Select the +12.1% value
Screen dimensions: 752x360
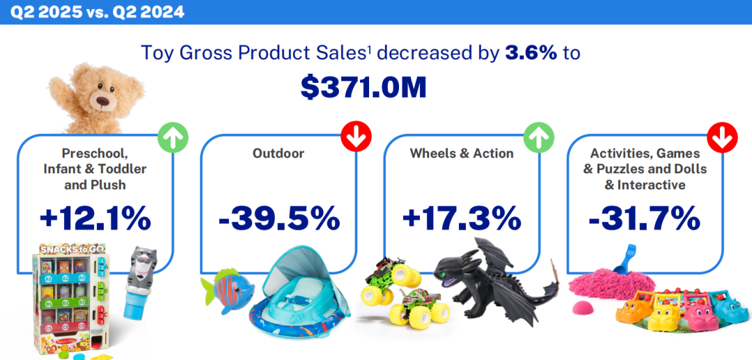tap(95, 219)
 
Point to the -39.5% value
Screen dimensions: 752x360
tap(279, 219)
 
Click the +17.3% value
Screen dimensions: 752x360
tap(462, 219)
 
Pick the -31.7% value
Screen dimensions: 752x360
tap(644, 219)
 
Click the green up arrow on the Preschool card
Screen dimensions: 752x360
tap(173, 138)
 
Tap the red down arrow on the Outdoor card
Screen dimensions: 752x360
tap(357, 138)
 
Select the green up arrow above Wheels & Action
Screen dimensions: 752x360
tap(539, 138)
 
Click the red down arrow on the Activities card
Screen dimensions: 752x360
tap(722, 138)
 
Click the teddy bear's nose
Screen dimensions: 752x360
tap(103, 101)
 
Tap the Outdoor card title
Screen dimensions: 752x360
tap(279, 154)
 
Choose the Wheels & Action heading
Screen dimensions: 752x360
tap(462, 154)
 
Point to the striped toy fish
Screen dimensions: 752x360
tap(224, 290)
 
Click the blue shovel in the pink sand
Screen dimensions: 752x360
tap(625, 260)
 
